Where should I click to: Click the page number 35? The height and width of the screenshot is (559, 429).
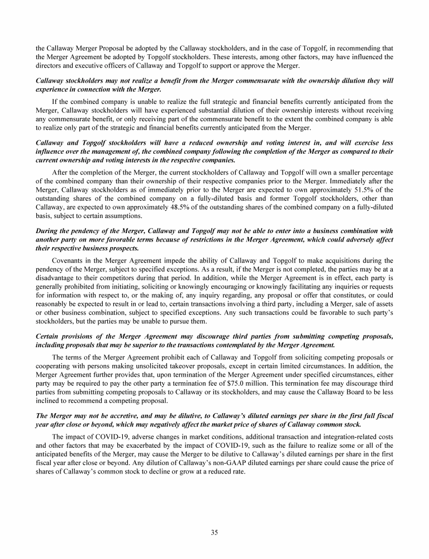click(214, 532)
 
